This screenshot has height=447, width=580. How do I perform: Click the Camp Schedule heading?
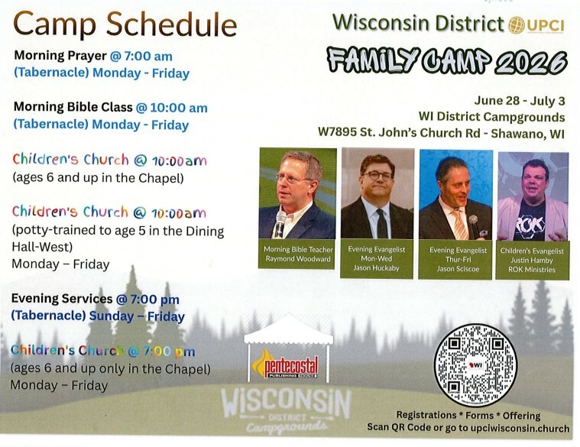coord(125,24)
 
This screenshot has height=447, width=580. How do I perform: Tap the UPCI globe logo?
coord(517,24)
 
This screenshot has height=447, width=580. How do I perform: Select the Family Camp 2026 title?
coord(447,60)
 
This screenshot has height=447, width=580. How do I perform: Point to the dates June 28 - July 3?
coord(520,101)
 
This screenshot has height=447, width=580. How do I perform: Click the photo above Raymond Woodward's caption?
coord(298,193)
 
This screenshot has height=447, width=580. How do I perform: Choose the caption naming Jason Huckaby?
coord(377,258)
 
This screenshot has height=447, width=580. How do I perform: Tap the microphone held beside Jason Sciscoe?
coord(473,225)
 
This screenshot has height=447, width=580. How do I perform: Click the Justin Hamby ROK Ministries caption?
coord(532,260)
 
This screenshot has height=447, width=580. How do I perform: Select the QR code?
coord(475,365)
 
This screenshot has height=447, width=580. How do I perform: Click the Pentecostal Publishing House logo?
coord(285,364)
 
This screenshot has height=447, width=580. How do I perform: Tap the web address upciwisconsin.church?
coord(520,428)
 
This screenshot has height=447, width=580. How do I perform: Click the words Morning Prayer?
coord(60,56)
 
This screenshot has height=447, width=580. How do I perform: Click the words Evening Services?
coord(62,298)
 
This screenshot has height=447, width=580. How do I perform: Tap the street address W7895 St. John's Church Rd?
coord(399,132)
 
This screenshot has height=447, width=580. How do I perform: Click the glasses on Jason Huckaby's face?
coord(377,176)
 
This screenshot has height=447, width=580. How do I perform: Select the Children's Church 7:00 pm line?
coord(103,351)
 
